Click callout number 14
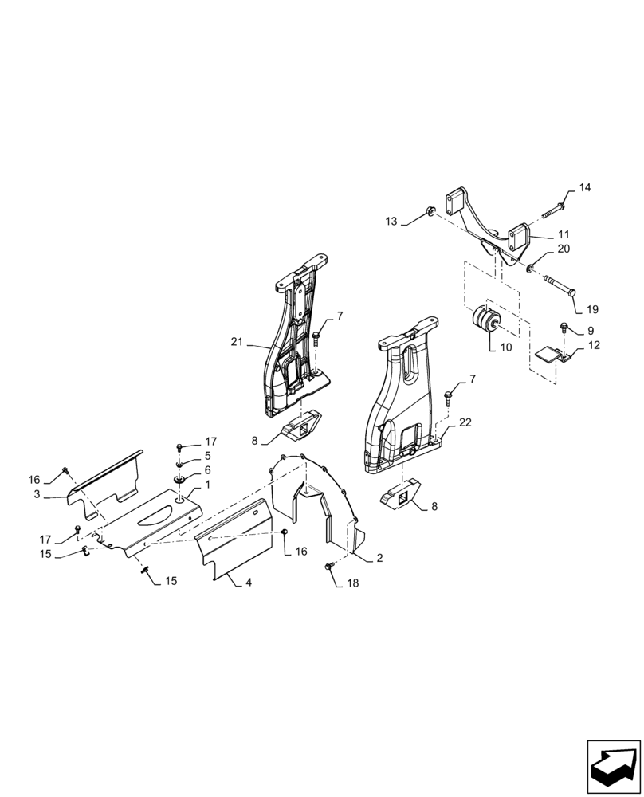click(585, 188)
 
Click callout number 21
click(237, 342)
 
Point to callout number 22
click(465, 422)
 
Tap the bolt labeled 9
click(564, 326)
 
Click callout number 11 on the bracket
click(563, 234)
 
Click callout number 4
click(249, 583)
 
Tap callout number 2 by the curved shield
click(379, 559)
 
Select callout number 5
click(207, 456)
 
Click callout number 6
click(207, 470)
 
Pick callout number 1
click(207, 485)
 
